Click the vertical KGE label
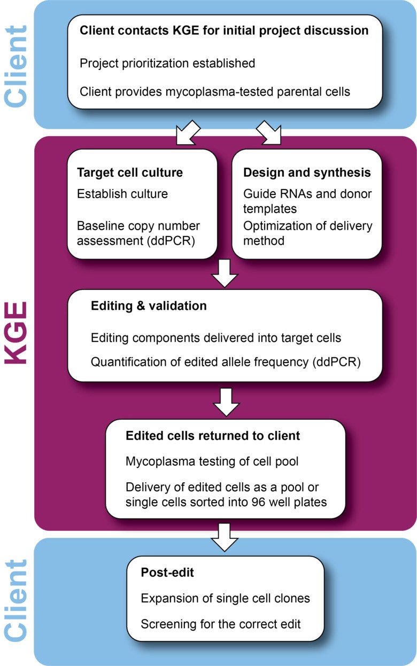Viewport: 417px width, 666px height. click(x=16, y=333)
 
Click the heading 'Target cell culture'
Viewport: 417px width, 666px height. click(x=130, y=173)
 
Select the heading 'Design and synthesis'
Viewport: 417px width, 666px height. click(x=307, y=173)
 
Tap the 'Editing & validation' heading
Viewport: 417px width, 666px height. click(x=149, y=305)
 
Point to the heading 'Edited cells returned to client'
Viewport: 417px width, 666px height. click(x=213, y=436)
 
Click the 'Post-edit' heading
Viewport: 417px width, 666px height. click(x=167, y=573)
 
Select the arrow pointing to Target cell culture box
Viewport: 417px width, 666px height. click(x=188, y=133)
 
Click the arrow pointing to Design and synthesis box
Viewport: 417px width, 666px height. click(x=269, y=133)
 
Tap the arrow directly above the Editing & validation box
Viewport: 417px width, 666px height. click(x=225, y=273)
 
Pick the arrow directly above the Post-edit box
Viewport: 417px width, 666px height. click(x=225, y=538)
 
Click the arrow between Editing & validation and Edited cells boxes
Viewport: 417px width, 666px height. click(x=227, y=402)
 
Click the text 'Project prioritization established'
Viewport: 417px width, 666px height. click(x=167, y=64)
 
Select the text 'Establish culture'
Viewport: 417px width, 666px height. click(x=122, y=194)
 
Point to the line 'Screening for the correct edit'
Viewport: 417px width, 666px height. click(x=221, y=624)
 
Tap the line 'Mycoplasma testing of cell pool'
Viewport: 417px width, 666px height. click(x=212, y=461)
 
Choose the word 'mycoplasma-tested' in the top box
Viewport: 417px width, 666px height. click(x=219, y=92)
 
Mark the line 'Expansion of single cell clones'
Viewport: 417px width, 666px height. click(x=225, y=598)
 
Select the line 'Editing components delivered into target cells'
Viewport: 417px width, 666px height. click(x=216, y=338)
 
